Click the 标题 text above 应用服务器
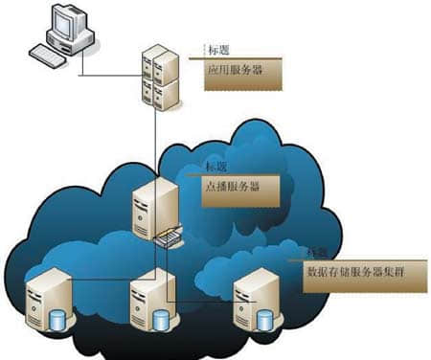pyautogui.click(x=218, y=49)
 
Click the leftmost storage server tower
pyautogui.click(x=47, y=299)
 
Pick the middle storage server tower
pyautogui.click(x=151, y=299)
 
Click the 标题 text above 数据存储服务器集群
pyautogui.click(x=316, y=251)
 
